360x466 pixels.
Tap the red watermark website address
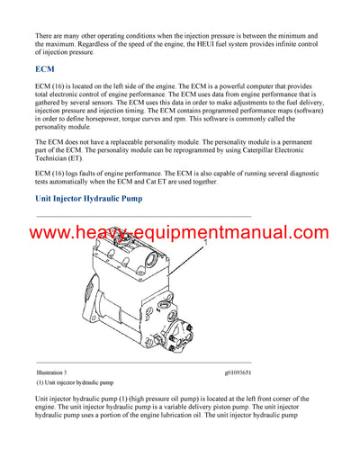180,233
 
